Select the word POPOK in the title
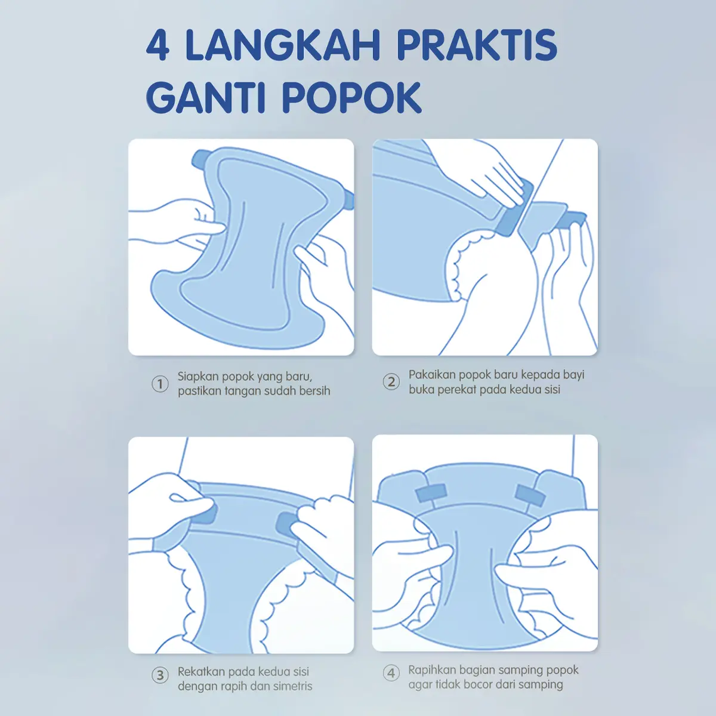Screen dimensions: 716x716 click(351, 97)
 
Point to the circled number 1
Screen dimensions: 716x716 click(160, 384)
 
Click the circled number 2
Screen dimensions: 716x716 click(391, 382)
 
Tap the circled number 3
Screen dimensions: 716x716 click(160, 675)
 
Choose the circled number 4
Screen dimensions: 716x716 click(391, 673)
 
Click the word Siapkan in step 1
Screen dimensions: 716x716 click(197, 376)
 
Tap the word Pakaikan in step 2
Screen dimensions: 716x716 click(432, 375)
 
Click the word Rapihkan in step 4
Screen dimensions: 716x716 click(432, 670)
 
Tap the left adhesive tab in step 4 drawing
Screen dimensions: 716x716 click(431, 493)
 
